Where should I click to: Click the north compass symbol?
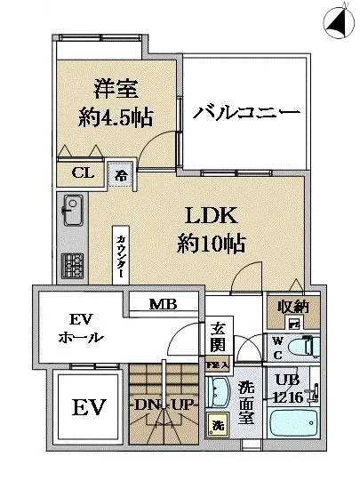[x=337, y=19]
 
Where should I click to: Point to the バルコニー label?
[x=246, y=114]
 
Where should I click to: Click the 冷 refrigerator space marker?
[x=118, y=174]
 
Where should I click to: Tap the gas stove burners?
[x=71, y=264]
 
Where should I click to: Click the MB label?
[x=162, y=305]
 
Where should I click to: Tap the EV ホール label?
[x=83, y=330]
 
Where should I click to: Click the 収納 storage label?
[x=291, y=308]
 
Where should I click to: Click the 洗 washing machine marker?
[x=216, y=425]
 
